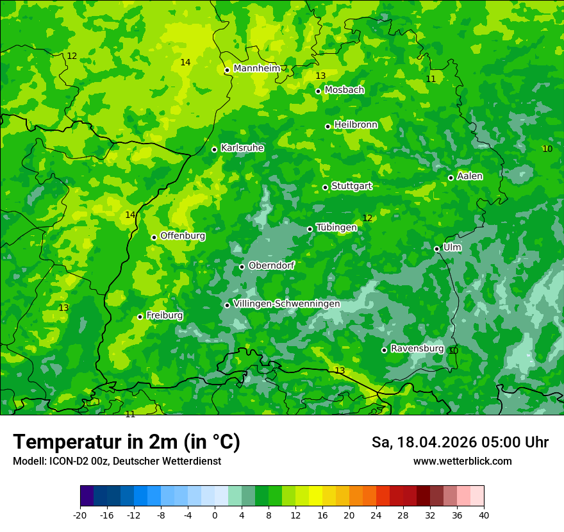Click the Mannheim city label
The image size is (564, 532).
pos(256,69)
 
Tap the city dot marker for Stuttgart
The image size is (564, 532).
pos(326,187)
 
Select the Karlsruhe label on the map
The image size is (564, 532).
pos(242,148)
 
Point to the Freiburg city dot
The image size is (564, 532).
pos(140,317)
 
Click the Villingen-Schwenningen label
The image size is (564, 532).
pos(286,304)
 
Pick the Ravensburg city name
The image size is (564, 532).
pos(417,349)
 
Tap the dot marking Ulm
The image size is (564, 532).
pos(437,249)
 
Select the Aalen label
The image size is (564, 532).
pos(470,176)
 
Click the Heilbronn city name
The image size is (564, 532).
pos(356,124)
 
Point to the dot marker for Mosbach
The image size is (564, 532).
pos(318,91)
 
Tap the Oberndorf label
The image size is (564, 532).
pos(271,265)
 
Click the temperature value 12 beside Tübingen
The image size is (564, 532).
pos(367,219)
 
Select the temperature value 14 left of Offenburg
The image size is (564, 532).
pos(130,215)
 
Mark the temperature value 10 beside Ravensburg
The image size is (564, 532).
pos(453,351)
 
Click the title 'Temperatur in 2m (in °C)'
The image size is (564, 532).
pos(126,442)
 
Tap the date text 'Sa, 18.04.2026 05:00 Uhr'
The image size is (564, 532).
pos(460,442)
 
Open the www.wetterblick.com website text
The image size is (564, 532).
pos(462,461)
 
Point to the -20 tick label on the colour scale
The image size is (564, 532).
pos(80,515)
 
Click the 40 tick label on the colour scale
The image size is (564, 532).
pos(484,515)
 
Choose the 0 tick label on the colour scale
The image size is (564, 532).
pos(215,515)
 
